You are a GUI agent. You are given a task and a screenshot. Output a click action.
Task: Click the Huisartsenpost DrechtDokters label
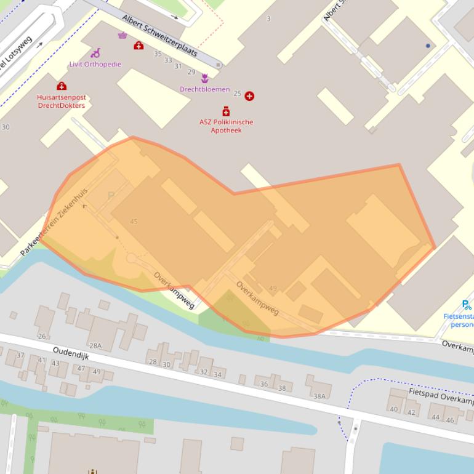61,101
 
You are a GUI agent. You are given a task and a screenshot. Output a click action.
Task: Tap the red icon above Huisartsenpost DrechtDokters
61,86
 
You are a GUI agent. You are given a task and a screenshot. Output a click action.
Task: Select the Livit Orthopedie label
95,64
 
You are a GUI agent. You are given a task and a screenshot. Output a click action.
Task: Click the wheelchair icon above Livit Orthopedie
95,54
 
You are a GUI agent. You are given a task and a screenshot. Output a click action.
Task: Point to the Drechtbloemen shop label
204,89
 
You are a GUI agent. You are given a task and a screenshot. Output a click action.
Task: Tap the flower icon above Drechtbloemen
204,78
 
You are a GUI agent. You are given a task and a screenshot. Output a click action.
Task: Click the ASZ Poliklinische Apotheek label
226,126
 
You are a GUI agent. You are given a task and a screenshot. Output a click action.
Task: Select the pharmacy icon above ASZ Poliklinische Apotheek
226,111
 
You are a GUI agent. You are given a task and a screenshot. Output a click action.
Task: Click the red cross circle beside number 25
249,95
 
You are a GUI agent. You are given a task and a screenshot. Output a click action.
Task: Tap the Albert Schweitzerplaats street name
159,35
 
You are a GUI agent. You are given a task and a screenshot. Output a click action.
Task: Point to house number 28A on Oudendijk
95,346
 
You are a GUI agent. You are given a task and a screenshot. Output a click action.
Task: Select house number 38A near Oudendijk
319,396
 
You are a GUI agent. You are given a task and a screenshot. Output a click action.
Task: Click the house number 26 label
42,336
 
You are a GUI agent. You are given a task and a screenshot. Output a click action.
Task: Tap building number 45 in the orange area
134,222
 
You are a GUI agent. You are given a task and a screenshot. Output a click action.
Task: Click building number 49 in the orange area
273,288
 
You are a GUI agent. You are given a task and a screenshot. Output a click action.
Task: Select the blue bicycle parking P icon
466,304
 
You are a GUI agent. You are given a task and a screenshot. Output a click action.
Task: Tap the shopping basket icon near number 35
123,35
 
